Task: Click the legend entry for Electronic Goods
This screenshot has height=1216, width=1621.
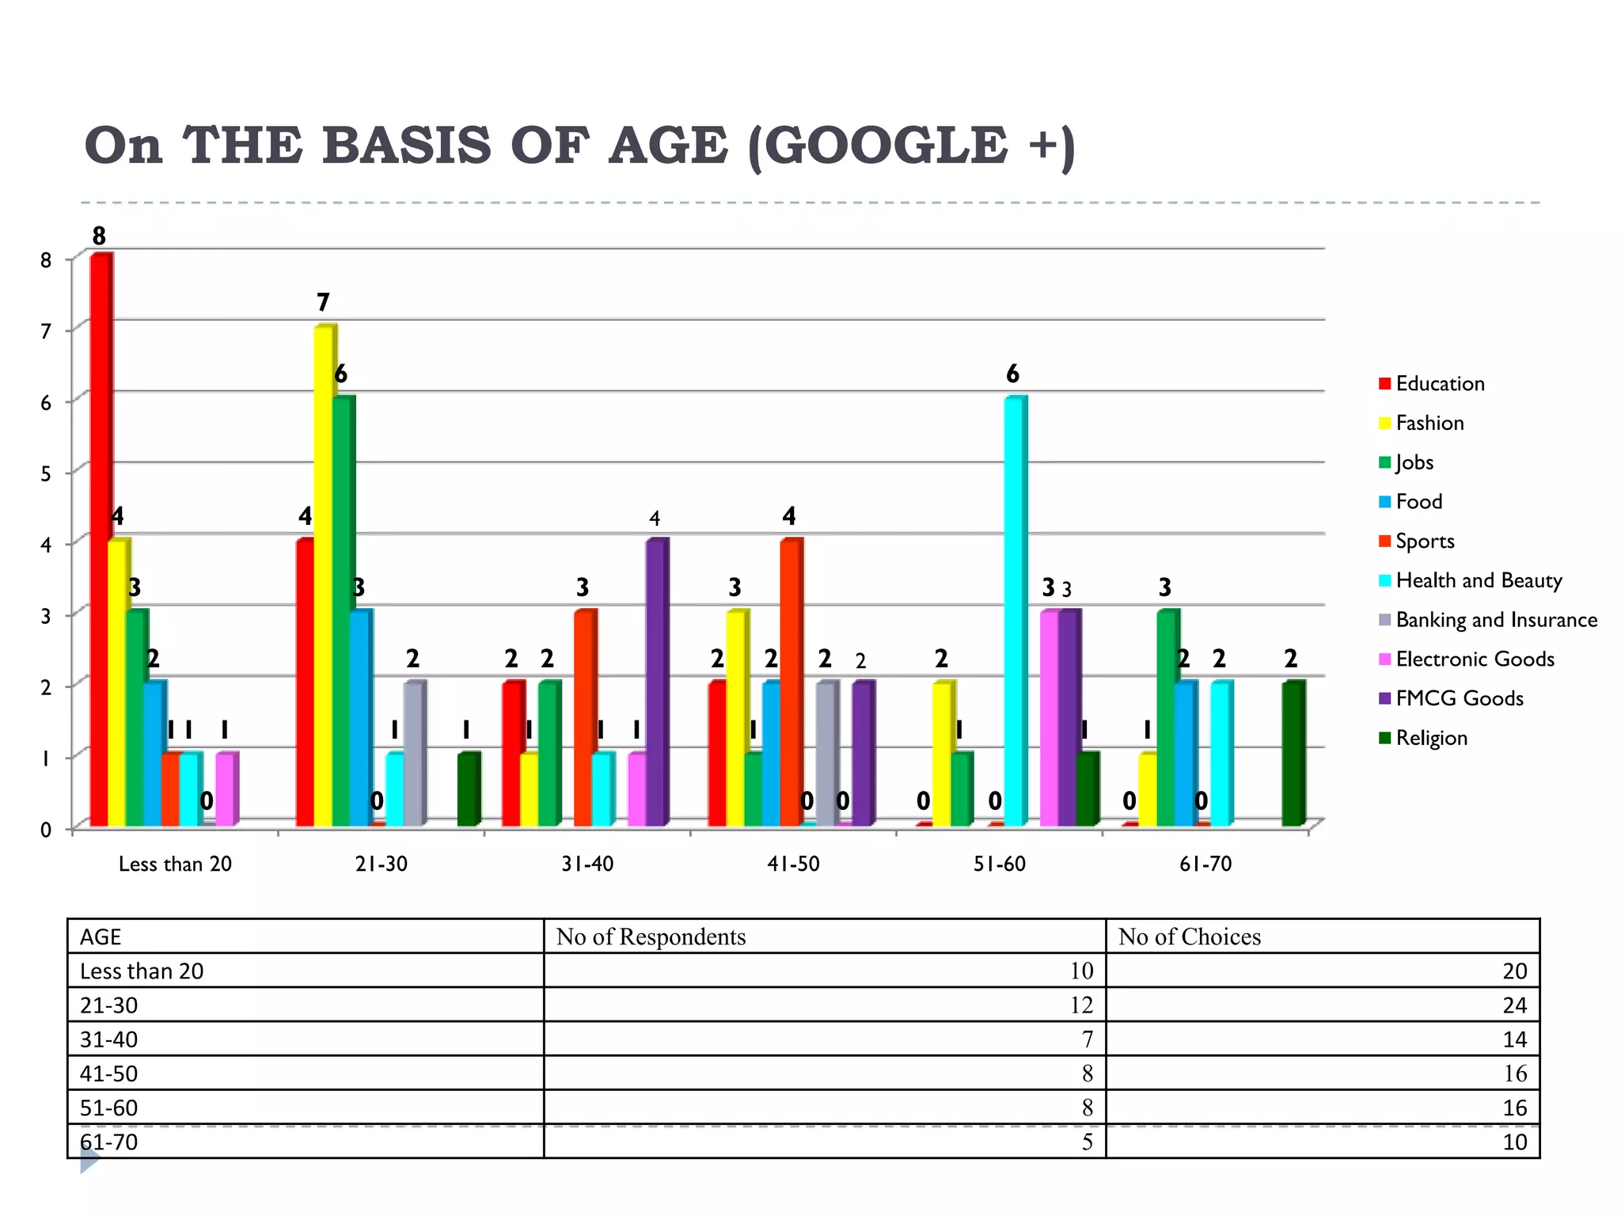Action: click(x=1475, y=659)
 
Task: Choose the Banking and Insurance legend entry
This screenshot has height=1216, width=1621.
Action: click(x=1496, y=620)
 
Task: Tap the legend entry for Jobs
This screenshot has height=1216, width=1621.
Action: click(x=1414, y=462)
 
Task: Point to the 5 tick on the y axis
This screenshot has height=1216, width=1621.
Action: click(x=46, y=473)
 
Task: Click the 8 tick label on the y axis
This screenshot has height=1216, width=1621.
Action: click(x=46, y=260)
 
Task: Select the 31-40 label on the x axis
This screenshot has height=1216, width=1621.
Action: click(x=587, y=864)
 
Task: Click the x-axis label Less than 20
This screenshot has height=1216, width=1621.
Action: click(x=175, y=864)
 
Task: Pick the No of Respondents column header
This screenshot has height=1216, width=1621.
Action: click(x=651, y=937)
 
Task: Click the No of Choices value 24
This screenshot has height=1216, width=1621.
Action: click(x=1514, y=1005)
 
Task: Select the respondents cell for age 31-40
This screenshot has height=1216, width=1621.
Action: click(x=1088, y=1039)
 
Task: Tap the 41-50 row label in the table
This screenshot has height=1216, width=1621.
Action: click(x=109, y=1073)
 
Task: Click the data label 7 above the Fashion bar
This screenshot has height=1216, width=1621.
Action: click(x=323, y=302)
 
